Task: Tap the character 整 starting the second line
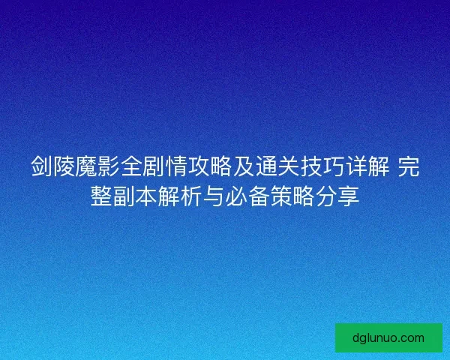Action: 101,196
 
